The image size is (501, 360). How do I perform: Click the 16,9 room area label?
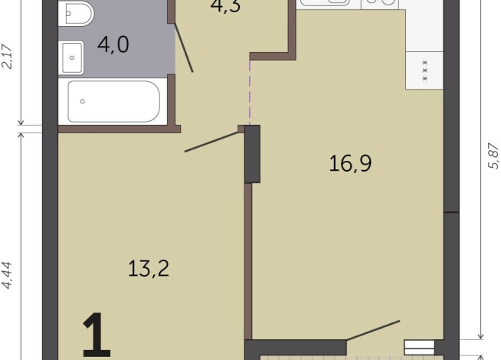click(350, 163)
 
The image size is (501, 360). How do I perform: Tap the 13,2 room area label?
click(149, 268)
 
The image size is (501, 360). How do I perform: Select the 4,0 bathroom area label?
click(113, 44)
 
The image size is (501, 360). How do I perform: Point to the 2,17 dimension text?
click(7, 56)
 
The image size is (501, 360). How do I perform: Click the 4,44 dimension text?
click(7, 275)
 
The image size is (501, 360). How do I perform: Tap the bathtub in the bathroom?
click(113, 101)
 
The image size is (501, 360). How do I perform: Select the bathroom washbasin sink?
click(73, 57)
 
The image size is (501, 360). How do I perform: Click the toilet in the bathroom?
click(76, 13)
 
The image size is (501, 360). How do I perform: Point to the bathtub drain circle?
click(83, 101)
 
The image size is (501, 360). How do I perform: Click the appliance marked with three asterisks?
click(424, 70)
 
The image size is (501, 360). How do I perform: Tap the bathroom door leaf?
click(183, 47)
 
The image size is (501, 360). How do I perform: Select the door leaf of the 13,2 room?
click(212, 142)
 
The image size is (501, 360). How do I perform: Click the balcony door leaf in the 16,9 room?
click(373, 330)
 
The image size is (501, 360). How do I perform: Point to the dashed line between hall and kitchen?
click(250, 93)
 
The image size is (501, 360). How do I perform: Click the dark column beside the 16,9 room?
click(253, 154)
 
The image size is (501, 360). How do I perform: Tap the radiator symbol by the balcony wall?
click(419, 348)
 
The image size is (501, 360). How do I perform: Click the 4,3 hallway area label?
click(225, 6)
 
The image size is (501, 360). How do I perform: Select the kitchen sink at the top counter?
click(324, 2)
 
